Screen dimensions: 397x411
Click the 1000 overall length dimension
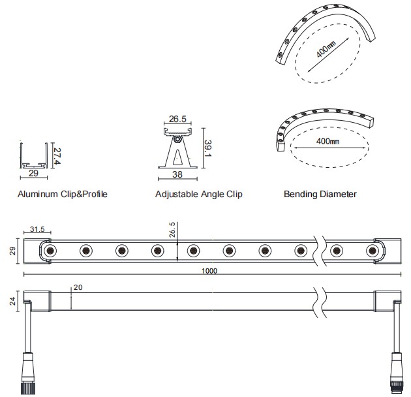point(209,271)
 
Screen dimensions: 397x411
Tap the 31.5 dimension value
point(38,230)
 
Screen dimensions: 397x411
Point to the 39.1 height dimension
point(207,148)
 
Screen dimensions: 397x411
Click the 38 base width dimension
point(178,175)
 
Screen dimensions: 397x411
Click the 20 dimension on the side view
point(78,287)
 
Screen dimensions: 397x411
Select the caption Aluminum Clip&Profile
point(62,194)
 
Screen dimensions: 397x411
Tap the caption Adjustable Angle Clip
point(199,194)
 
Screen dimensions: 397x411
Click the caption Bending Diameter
point(320,194)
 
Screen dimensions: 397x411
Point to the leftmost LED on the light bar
point(50,250)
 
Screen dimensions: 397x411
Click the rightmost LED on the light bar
point(372,250)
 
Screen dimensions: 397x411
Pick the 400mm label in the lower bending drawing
point(327,141)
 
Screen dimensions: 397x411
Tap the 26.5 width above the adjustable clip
point(178,119)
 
